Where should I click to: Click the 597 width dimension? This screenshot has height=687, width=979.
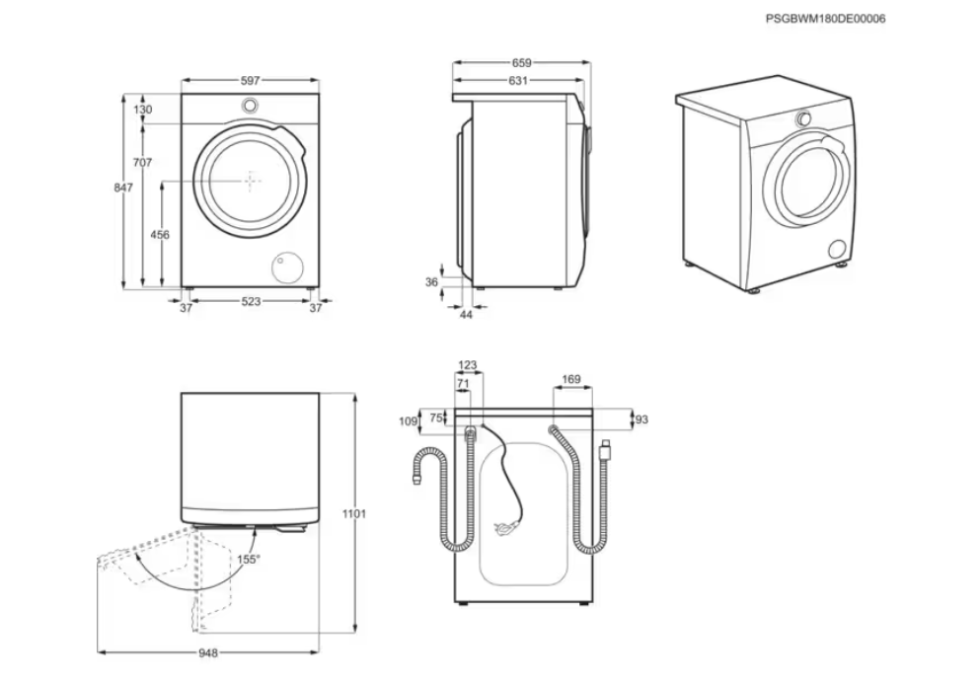click(x=250, y=81)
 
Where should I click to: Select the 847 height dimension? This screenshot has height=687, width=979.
click(x=122, y=188)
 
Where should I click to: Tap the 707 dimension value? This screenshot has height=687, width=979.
click(x=142, y=162)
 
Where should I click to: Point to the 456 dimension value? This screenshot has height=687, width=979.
click(x=159, y=235)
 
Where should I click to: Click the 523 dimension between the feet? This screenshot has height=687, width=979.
click(x=251, y=302)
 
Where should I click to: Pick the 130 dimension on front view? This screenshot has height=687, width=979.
click(x=143, y=110)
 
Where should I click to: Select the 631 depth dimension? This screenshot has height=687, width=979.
click(x=518, y=81)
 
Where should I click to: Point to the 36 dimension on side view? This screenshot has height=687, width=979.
click(x=431, y=282)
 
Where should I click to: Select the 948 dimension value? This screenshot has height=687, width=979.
click(x=206, y=652)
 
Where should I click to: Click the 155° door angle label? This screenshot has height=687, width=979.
click(x=248, y=560)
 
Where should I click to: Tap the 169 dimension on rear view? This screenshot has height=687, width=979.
click(x=570, y=379)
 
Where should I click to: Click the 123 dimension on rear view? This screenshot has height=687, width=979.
click(x=468, y=366)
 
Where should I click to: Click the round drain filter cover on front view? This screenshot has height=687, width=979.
click(x=288, y=265)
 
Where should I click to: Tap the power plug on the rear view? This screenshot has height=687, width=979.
click(x=508, y=530)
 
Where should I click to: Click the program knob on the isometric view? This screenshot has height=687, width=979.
click(x=804, y=118)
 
